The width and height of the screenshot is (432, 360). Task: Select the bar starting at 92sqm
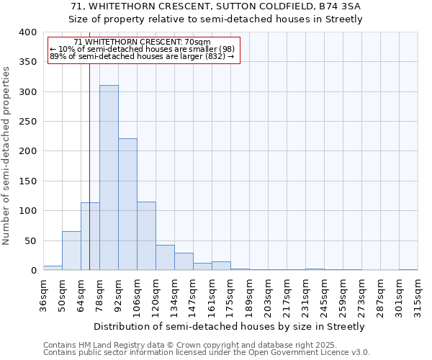[x=127, y=204]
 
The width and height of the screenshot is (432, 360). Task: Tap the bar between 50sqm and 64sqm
[x=71, y=251]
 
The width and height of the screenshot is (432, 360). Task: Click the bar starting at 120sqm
[x=165, y=258]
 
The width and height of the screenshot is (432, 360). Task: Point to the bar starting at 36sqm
[x=53, y=268]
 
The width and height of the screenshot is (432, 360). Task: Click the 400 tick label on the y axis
[x=28, y=32]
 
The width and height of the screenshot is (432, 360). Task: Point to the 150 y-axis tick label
[x=28, y=181]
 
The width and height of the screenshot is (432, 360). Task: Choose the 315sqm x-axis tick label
[x=418, y=295]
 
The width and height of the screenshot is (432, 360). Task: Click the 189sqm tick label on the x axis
[x=249, y=295]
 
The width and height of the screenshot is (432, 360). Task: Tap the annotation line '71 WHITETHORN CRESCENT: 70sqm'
[x=142, y=42]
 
